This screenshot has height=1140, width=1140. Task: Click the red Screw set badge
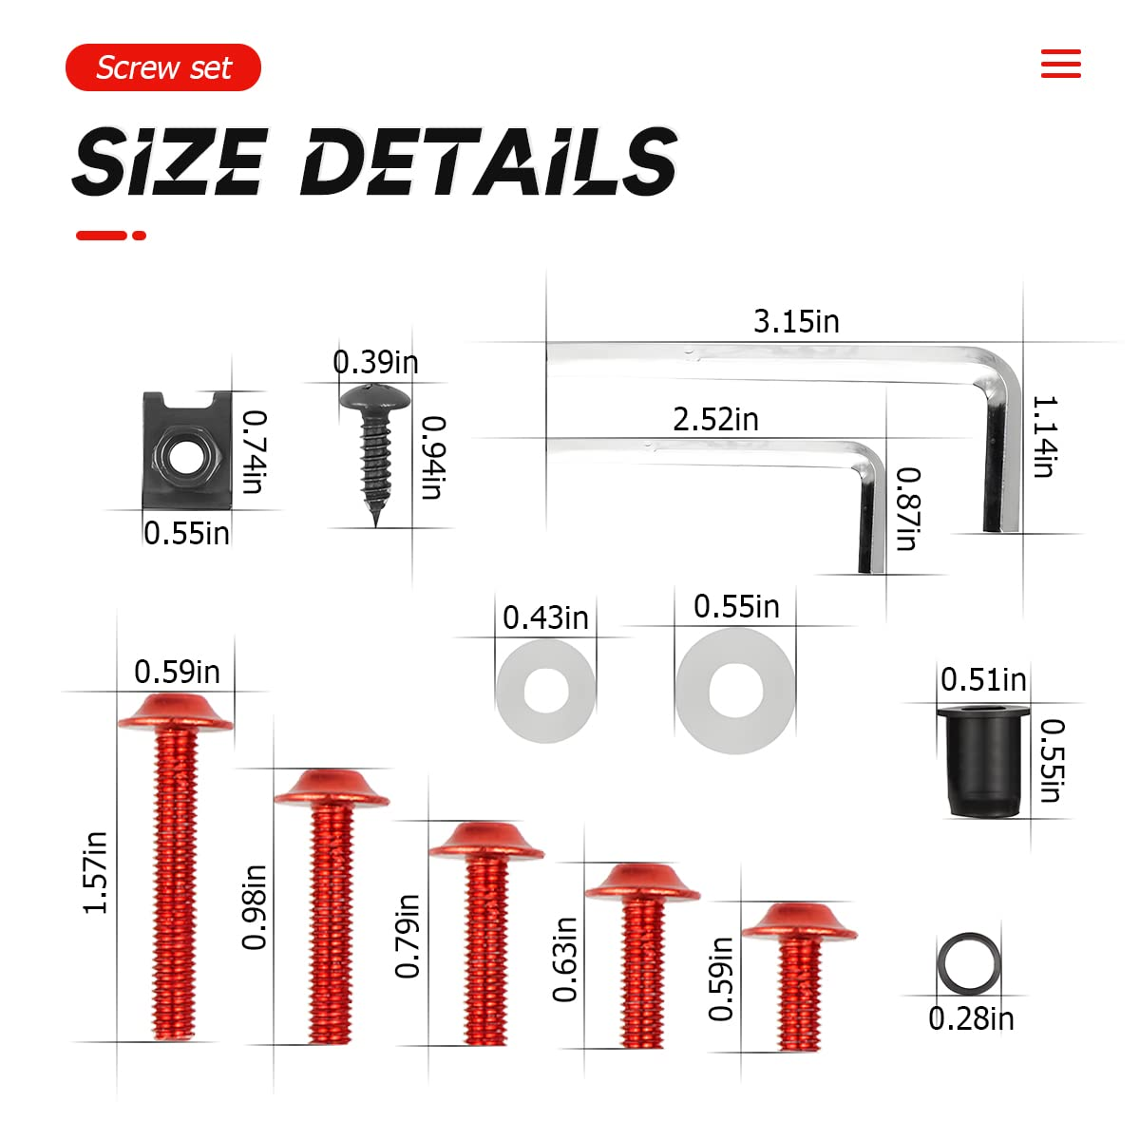coord(162,67)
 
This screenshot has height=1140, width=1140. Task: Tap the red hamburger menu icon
coord(1060,64)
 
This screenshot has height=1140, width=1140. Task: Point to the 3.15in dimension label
coord(796,322)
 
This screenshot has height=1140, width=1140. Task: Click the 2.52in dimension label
coord(715,419)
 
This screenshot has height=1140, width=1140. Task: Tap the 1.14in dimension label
coord(1044,437)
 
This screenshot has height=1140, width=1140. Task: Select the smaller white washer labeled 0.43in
coord(545,691)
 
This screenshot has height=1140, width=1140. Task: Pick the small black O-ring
coord(968,961)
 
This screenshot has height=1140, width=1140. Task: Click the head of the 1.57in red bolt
coord(175,712)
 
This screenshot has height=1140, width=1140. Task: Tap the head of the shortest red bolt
coord(798,921)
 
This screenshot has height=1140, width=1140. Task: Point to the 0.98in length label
coord(254,906)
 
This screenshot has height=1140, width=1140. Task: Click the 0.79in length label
coord(408,936)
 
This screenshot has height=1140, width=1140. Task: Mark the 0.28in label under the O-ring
coord(971,1019)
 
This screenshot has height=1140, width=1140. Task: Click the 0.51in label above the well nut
coord(983,680)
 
